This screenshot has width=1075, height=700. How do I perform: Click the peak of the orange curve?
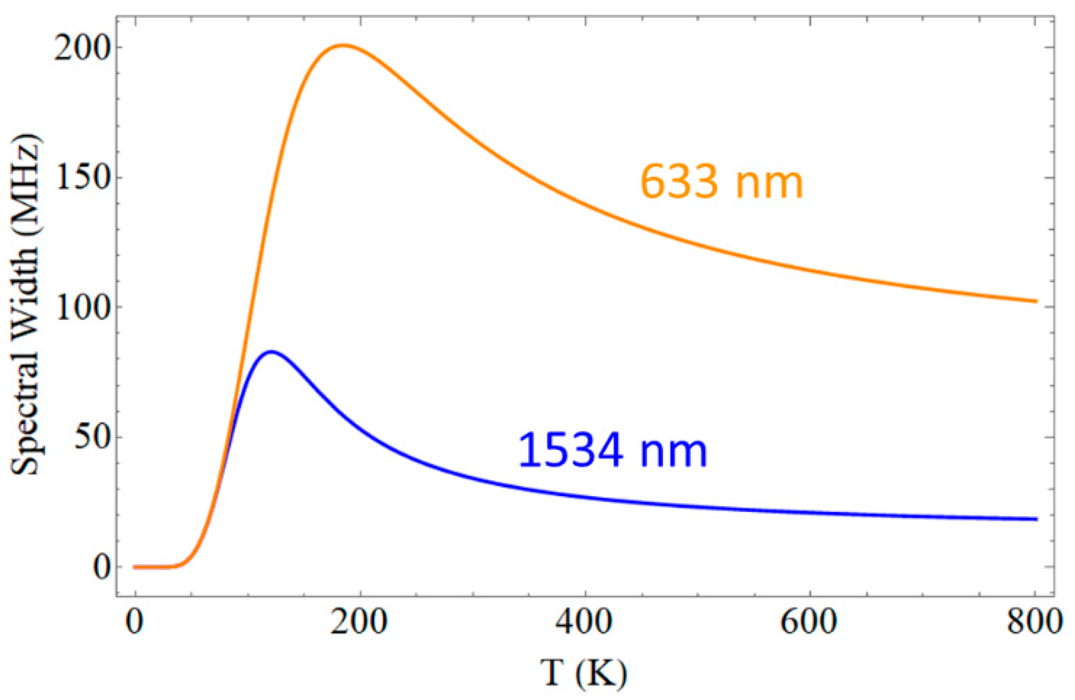pyautogui.click(x=343, y=45)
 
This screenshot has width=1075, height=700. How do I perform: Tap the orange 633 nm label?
pyautogui.click(x=721, y=182)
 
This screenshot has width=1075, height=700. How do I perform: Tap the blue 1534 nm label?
pyautogui.click(x=612, y=451)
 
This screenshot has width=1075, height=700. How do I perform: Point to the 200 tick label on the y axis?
pyautogui.click(x=83, y=48)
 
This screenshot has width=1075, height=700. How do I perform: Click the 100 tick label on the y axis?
pyautogui.click(x=83, y=308)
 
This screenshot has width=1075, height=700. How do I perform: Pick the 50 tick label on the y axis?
pyautogui.click(x=91, y=437)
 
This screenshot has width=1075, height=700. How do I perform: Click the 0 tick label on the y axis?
pyautogui.click(x=101, y=567)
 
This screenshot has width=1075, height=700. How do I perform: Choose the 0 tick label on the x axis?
pyautogui.click(x=135, y=621)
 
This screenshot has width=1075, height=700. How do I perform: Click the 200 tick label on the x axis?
pyautogui.click(x=359, y=621)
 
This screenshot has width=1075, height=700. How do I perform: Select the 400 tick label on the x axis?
pyautogui.click(x=584, y=621)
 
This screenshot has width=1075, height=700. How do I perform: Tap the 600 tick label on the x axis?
pyautogui.click(x=809, y=621)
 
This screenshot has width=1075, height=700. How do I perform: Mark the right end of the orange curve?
pyautogui.click(x=1035, y=301)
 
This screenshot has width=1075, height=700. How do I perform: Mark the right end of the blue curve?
pyautogui.click(x=1035, y=519)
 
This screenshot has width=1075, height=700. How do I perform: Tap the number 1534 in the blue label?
pyautogui.click(x=570, y=451)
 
